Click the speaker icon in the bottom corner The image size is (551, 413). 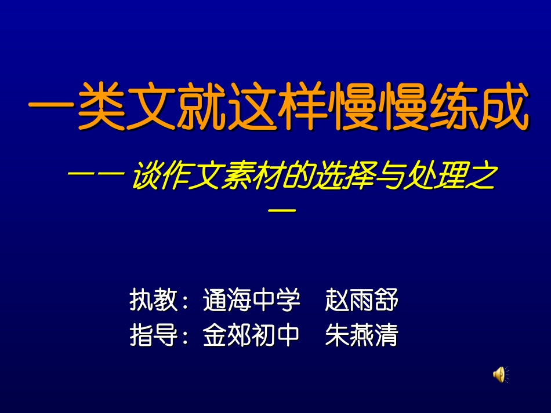pos(501,374)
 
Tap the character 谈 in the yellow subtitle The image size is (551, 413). pos(145,178)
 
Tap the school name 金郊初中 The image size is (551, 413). pos(251,335)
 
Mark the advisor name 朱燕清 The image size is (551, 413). pos(362,335)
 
